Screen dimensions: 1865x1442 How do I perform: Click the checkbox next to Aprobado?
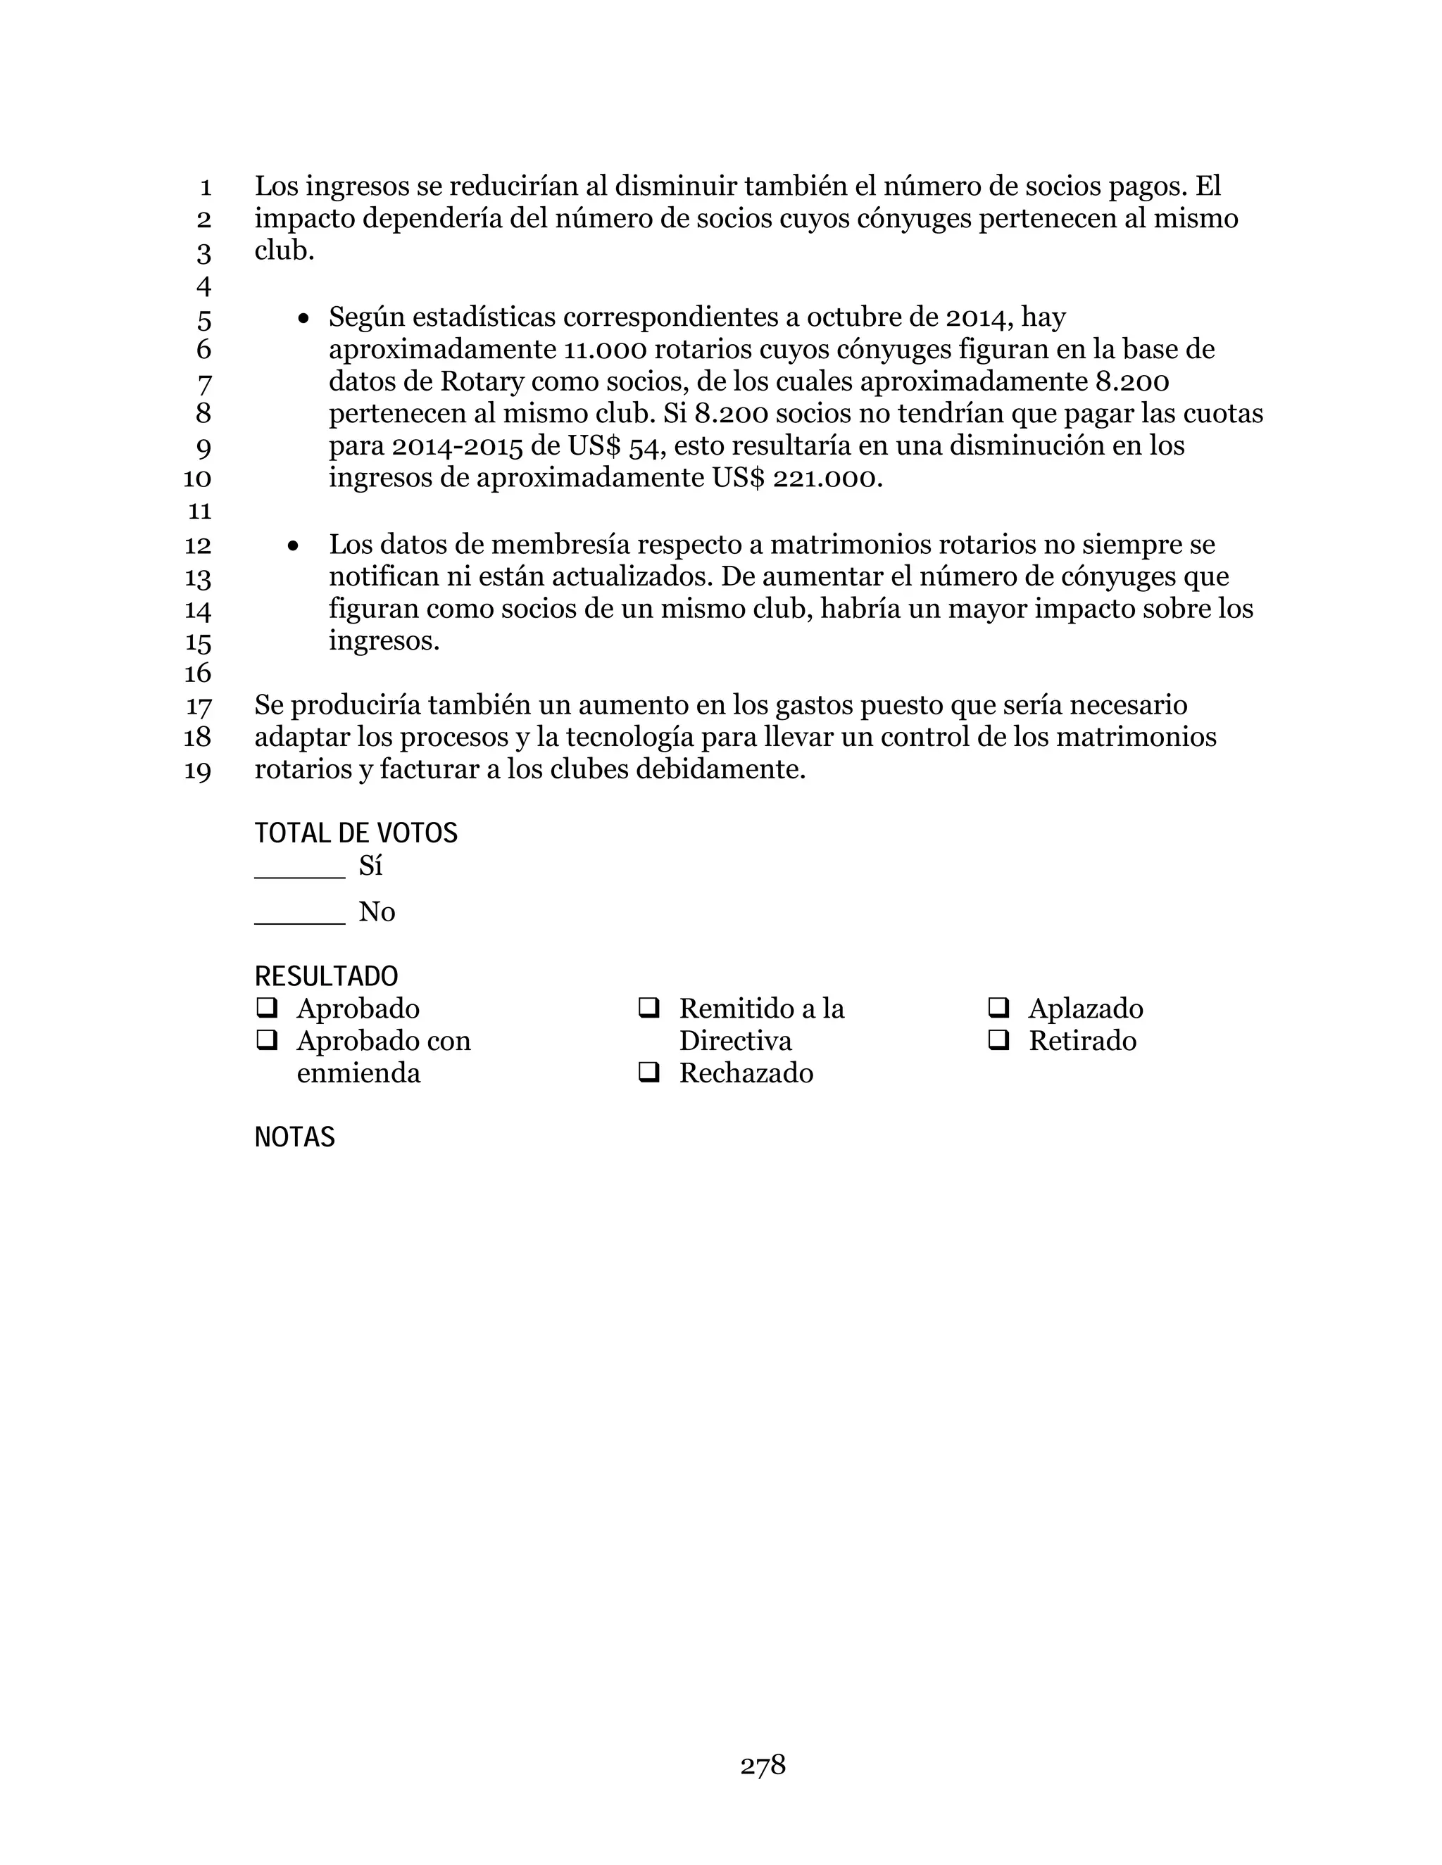(267, 1009)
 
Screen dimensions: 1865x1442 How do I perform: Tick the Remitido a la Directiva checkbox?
(649, 1009)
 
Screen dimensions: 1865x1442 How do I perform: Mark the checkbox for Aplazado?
(998, 1009)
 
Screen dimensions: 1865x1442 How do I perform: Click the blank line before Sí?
(300, 873)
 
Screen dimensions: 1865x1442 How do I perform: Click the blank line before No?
(300, 919)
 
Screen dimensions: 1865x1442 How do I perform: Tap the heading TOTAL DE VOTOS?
(356, 833)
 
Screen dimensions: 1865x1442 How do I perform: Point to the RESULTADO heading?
(326, 977)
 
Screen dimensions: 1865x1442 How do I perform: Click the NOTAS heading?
(295, 1137)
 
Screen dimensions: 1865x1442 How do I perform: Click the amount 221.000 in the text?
(826, 478)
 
